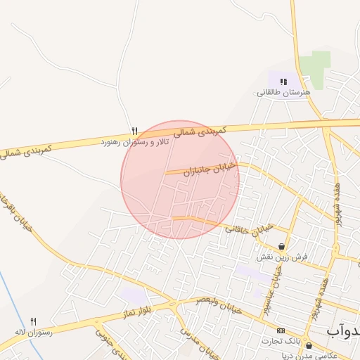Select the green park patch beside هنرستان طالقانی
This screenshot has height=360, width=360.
314,70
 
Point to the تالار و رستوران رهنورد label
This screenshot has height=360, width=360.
134,142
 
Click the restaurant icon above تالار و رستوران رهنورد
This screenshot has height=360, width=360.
134,131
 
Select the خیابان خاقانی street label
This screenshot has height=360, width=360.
248,229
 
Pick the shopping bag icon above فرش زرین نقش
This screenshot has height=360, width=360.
282,247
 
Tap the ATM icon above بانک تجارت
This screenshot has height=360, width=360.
281,331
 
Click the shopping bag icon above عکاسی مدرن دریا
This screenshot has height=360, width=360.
309,345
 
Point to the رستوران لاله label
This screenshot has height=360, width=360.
33,332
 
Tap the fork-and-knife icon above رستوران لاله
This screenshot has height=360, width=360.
33,321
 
